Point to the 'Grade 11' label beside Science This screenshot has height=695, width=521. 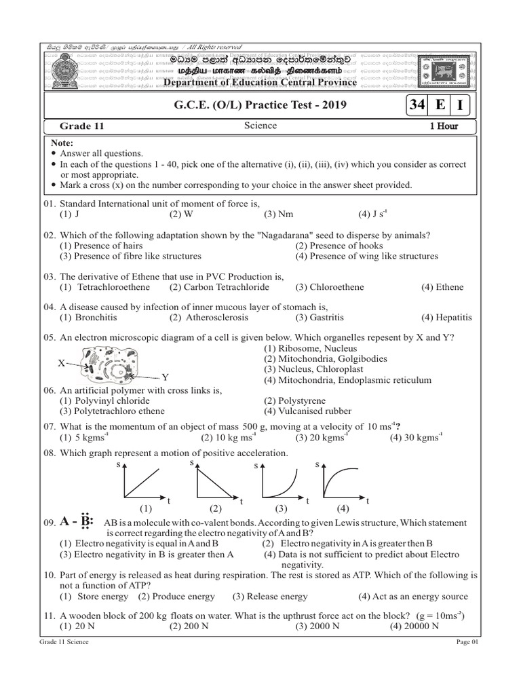pyautogui.click(x=82, y=126)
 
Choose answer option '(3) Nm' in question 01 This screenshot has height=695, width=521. pyautogui.click(x=279, y=213)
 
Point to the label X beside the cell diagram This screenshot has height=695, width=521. pyautogui.click(x=61, y=363)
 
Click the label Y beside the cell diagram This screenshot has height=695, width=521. pyautogui.click(x=164, y=377)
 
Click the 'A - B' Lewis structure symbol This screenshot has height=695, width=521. pyautogui.click(x=76, y=523)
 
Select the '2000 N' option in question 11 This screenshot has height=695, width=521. pyautogui.click(x=317, y=626)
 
